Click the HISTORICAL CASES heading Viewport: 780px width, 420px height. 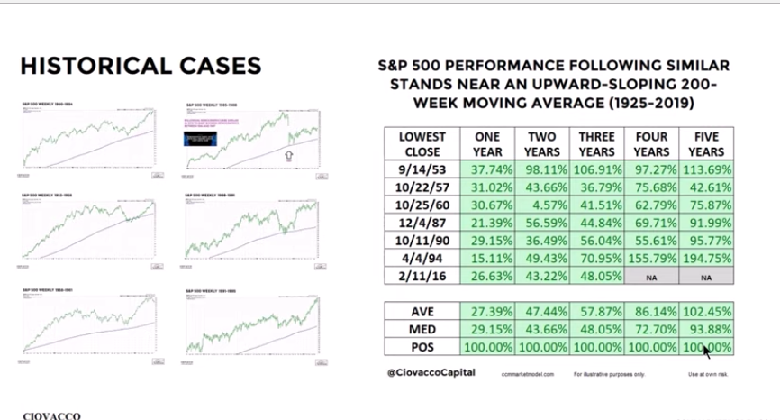tap(141, 66)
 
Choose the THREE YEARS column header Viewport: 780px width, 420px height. tap(597, 144)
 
